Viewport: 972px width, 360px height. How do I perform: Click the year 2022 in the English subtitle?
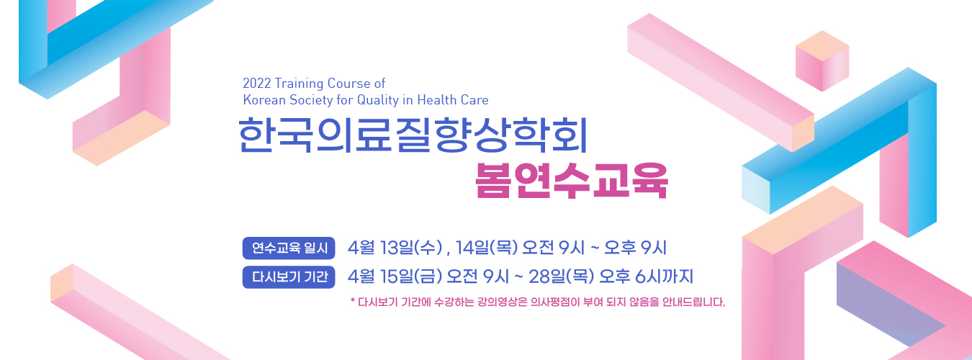(257, 83)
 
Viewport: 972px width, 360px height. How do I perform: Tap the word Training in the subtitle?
(299, 84)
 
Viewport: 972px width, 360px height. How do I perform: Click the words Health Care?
(453, 100)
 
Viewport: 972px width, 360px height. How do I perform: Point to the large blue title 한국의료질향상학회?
(413, 135)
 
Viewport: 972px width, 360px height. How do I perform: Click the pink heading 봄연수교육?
(571, 181)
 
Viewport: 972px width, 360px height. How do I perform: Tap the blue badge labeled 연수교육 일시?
(289, 248)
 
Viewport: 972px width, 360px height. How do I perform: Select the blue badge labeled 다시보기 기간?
(289, 276)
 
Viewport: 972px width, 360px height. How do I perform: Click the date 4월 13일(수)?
(395, 248)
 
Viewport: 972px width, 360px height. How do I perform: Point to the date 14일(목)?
(487, 248)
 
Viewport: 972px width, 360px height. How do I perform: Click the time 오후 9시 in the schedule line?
(635, 248)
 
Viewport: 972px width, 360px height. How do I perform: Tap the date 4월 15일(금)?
(395, 276)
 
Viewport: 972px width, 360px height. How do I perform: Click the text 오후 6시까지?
(646, 276)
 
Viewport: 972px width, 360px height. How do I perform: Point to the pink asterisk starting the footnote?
(353, 300)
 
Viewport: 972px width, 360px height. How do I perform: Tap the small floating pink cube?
(822, 60)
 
